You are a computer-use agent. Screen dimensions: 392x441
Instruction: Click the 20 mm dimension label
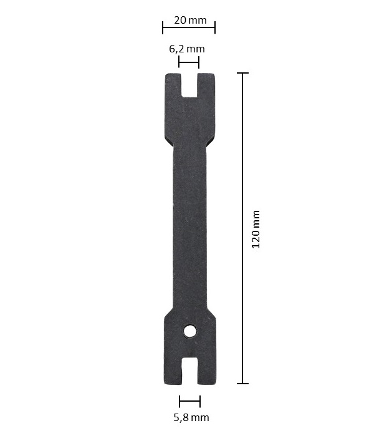point(190,20)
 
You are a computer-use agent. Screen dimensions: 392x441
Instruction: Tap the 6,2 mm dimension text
point(187,49)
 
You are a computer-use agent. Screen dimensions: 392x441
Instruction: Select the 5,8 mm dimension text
point(191,418)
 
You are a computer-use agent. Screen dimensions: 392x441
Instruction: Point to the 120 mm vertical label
point(256,229)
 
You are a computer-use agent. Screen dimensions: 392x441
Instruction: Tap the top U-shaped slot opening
point(189,85)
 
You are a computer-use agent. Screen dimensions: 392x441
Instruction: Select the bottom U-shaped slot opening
point(190,371)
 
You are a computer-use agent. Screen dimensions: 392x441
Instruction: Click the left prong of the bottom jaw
point(173,371)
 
